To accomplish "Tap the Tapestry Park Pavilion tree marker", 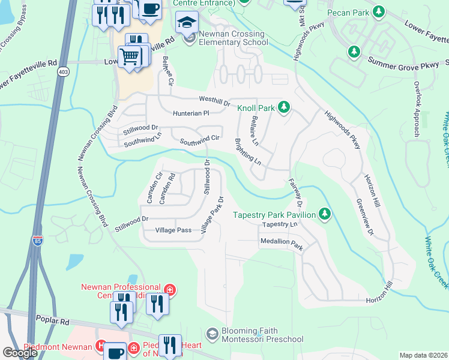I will pyautogui.click(x=325, y=214).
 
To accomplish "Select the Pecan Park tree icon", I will pyautogui.click(x=378, y=11).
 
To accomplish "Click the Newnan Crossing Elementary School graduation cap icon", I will pyautogui.click(x=187, y=23).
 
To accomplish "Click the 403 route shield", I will pyautogui.click(x=63, y=71).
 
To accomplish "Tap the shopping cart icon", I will pyautogui.click(x=130, y=58).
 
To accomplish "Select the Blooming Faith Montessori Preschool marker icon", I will pyautogui.click(x=211, y=333).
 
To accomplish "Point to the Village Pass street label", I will pyautogui.click(x=173, y=230).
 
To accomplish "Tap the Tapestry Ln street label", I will pyautogui.click(x=280, y=224).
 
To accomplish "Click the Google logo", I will pyautogui.click(x=20, y=353).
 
